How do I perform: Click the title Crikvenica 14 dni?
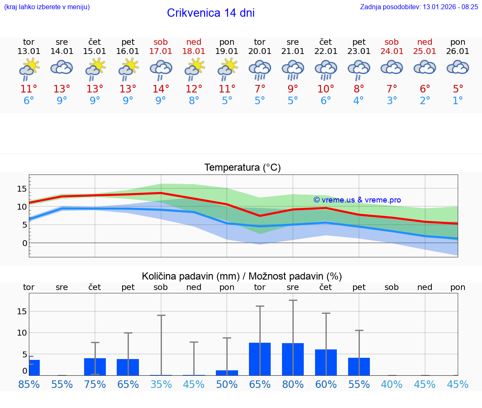(x=210, y=13)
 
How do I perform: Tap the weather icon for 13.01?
(x=29, y=69)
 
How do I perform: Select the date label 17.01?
(x=161, y=51)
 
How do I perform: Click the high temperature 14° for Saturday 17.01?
(x=161, y=89)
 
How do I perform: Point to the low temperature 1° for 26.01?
(x=458, y=101)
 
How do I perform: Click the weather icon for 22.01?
(x=326, y=69)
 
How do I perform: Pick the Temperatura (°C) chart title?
(x=242, y=167)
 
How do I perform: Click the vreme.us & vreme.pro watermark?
(x=357, y=200)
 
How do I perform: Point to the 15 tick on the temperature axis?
(x=22, y=189)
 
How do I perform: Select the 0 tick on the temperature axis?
(x=25, y=243)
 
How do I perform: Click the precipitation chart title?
(x=242, y=276)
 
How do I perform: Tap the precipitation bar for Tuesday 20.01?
(x=260, y=359)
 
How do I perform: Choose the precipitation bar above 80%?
(x=293, y=359)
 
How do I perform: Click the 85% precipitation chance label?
(x=29, y=384)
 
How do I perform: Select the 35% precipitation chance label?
(x=161, y=384)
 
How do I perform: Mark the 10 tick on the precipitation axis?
(x=22, y=333)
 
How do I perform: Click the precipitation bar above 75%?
(x=95, y=367)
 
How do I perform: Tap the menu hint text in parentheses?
(x=47, y=7)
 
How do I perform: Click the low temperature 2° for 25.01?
(x=425, y=101)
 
